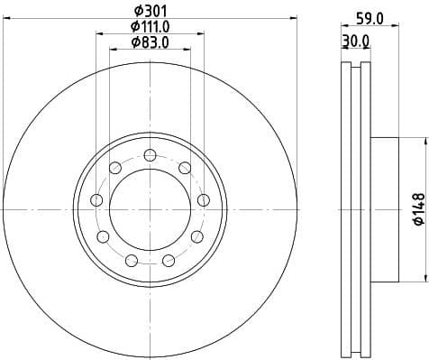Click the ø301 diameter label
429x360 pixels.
150,12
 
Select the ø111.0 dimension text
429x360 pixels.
150,27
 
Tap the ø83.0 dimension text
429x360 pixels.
150,42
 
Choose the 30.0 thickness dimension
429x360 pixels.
355,42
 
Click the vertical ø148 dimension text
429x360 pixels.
417,209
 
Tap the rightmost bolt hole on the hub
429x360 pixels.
204,199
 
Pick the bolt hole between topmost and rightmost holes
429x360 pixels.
184,167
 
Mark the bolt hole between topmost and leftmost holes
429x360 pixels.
114,167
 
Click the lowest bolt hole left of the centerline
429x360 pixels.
132,261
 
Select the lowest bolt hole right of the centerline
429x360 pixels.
168,261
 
